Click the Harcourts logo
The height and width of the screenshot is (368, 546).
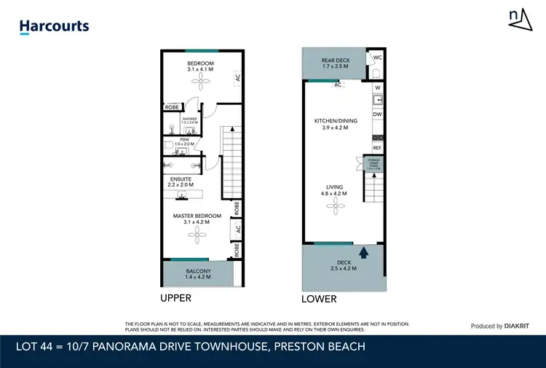click(54, 27)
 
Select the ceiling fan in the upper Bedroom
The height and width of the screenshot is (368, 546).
click(200, 82)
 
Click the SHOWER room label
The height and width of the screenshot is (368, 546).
click(190, 120)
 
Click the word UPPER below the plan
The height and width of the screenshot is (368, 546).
click(175, 299)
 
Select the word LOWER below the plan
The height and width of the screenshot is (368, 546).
click(319, 300)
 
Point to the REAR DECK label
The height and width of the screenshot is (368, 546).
click(336, 63)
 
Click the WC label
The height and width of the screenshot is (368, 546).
click(377, 58)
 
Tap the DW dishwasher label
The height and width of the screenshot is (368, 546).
click(377, 114)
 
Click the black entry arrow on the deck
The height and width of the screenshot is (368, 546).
click(365, 252)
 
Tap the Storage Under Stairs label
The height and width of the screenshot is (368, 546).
click(373, 164)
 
